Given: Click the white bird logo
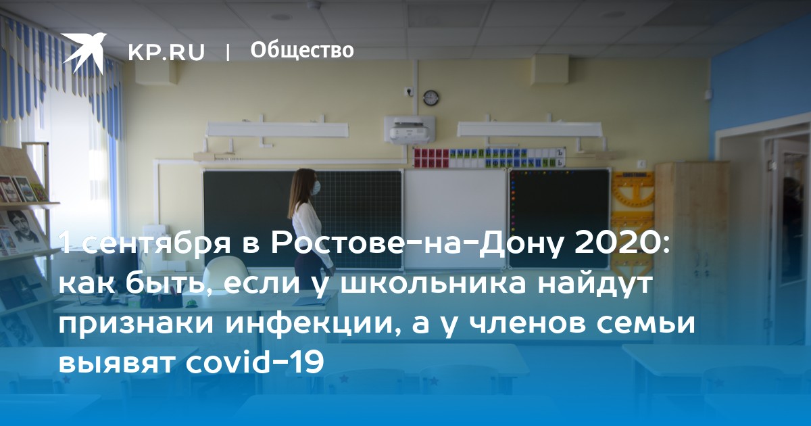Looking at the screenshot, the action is coord(84,53).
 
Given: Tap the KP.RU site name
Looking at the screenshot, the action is coord(166,52).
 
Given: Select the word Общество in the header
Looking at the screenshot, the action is coord(302,50).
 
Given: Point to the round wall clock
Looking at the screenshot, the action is coord(431,98).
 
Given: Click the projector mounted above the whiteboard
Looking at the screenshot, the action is coord(410,130).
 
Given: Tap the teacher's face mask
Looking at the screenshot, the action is coord(316,187).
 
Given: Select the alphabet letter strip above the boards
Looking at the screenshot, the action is coord(489,158).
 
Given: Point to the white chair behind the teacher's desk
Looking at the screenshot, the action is coord(225,275).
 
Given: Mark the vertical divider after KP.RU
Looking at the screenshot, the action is coord(227,52).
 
